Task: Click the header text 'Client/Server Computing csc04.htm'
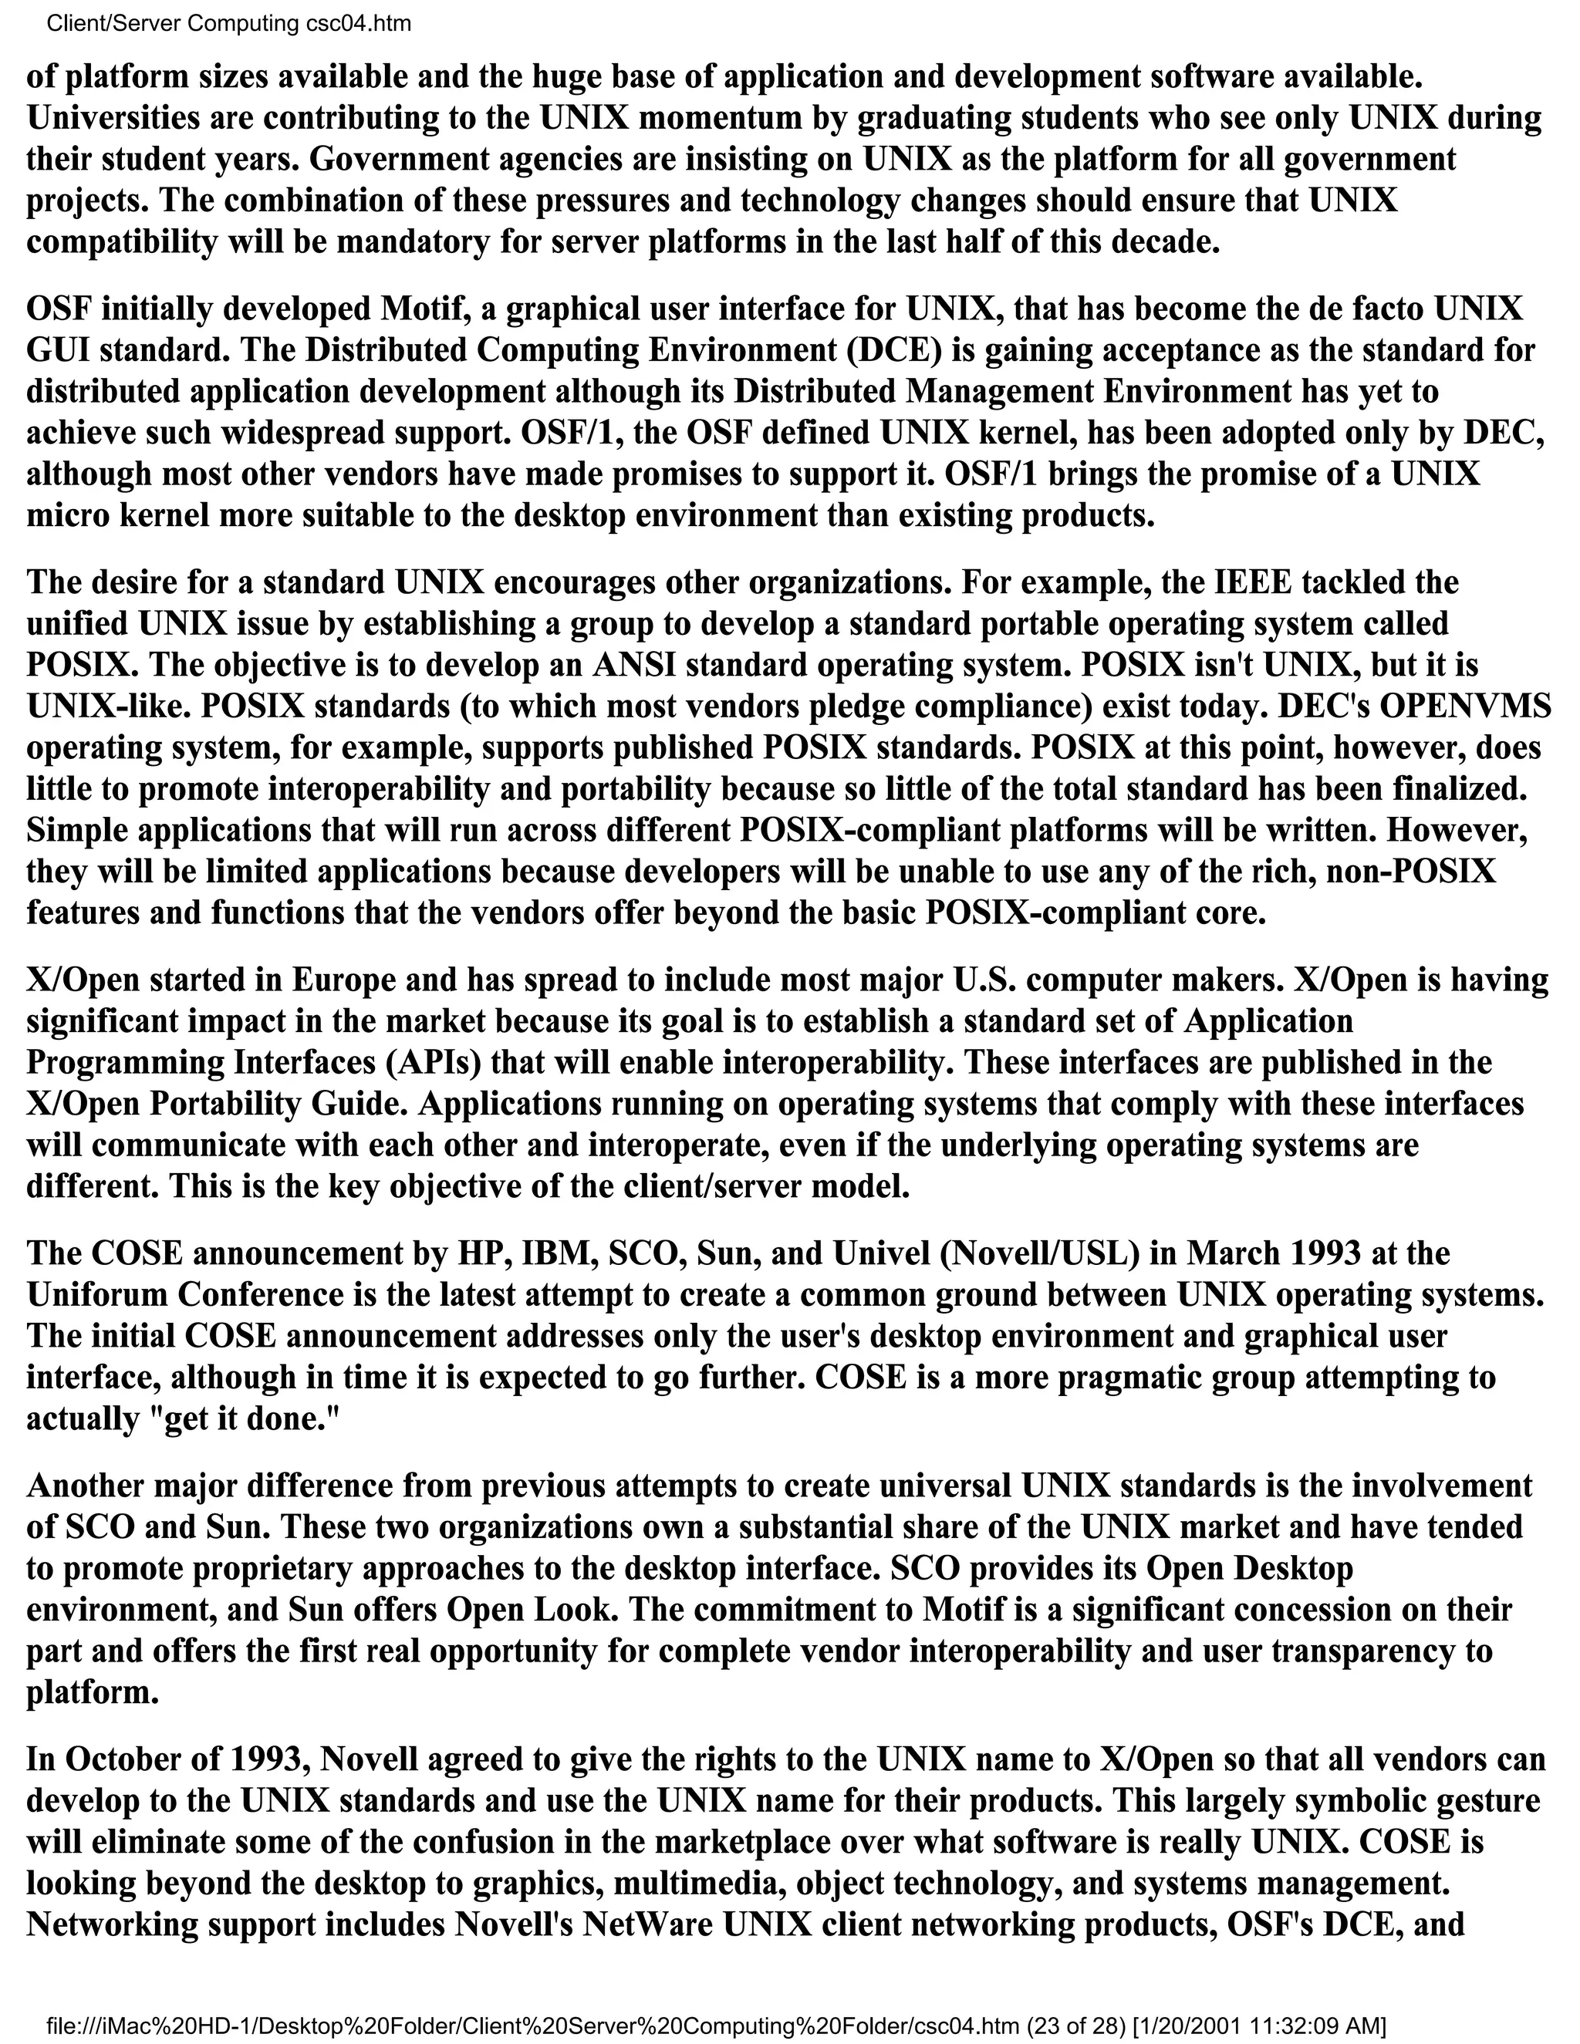click(x=228, y=23)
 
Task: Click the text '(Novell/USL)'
click(x=1040, y=1253)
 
